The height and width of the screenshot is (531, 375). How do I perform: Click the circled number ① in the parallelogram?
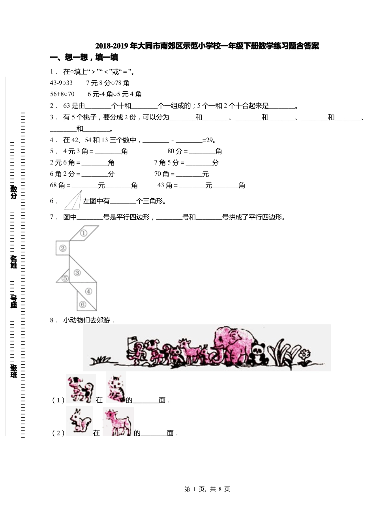[x=84, y=233]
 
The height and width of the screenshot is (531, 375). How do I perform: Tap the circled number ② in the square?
[x=62, y=248]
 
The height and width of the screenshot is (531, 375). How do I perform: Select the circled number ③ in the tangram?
[x=77, y=272]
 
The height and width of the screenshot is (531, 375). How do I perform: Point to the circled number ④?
[x=88, y=291]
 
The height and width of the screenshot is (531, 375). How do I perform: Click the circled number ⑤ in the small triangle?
[x=65, y=278]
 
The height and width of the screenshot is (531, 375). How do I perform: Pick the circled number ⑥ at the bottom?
[x=82, y=304]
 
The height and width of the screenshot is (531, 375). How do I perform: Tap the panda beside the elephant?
[x=259, y=352]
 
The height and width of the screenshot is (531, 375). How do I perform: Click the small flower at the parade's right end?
[x=305, y=354]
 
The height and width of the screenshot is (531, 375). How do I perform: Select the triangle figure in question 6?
[x=73, y=200]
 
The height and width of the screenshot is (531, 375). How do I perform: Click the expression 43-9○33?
[x=61, y=83]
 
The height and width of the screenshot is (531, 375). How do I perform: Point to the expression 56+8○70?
[x=62, y=94]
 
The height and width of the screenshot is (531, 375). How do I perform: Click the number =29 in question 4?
[x=209, y=140]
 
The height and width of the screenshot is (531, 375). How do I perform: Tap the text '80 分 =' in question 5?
[x=178, y=151]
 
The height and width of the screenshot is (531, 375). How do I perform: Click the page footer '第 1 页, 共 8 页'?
[x=207, y=489]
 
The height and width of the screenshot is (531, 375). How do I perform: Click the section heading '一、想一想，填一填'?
[x=84, y=58]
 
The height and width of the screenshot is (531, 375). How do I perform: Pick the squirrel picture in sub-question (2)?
[x=79, y=421]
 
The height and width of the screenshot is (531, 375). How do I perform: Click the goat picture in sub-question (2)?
[x=118, y=422]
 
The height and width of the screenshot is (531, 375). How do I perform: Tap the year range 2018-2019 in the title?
[x=112, y=46]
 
